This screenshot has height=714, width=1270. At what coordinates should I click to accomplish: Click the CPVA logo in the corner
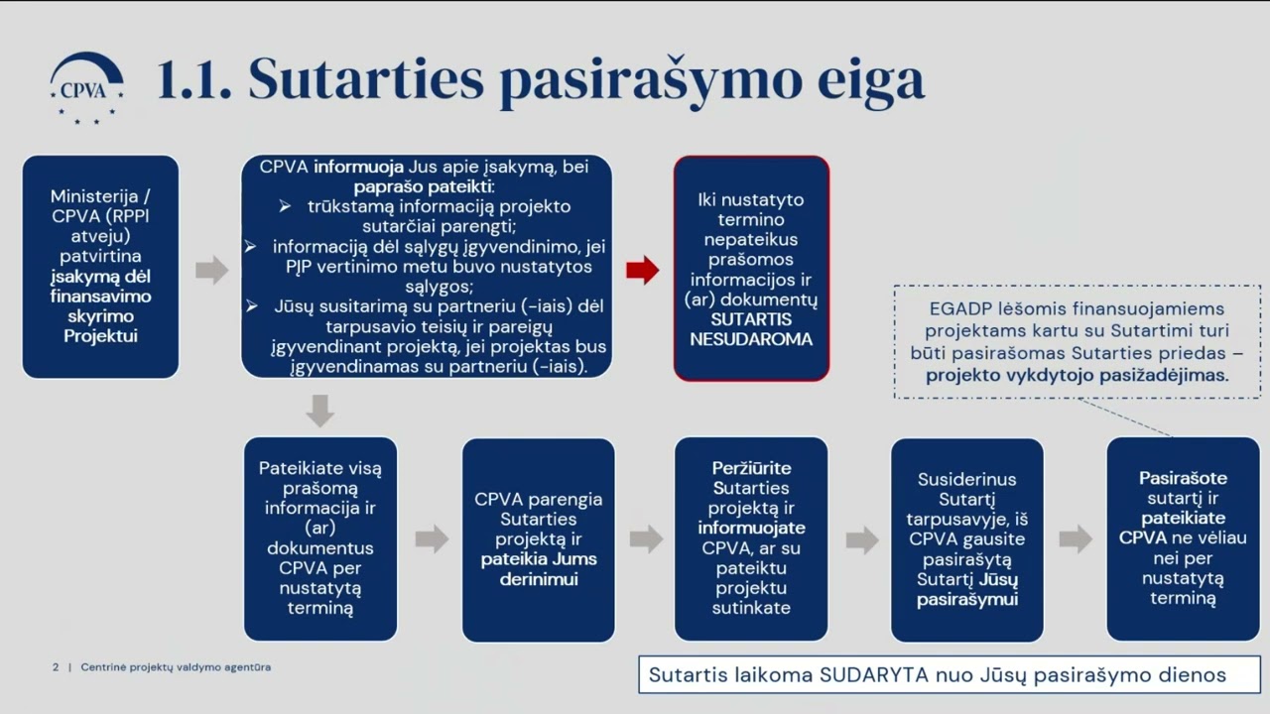pyautogui.click(x=87, y=87)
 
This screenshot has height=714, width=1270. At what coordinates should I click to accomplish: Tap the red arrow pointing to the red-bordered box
pyautogui.click(x=643, y=270)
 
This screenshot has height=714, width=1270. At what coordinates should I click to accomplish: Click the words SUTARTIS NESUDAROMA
pyautogui.click(x=751, y=329)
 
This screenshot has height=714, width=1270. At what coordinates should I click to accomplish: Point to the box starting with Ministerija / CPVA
pyautogui.click(x=100, y=267)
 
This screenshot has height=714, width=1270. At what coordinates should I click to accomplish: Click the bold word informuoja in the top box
pyautogui.click(x=358, y=167)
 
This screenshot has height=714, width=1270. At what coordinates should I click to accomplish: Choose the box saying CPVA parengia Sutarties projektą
pyautogui.click(x=539, y=538)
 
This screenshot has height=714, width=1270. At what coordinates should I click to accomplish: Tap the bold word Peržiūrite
pyautogui.click(x=751, y=468)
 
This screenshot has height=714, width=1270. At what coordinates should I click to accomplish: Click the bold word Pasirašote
pyautogui.click(x=1183, y=478)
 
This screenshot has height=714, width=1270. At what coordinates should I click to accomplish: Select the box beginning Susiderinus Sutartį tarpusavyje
pyautogui.click(x=966, y=538)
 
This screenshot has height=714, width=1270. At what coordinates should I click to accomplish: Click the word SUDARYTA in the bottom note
pyautogui.click(x=873, y=675)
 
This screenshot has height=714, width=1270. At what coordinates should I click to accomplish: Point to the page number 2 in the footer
pyautogui.click(x=56, y=667)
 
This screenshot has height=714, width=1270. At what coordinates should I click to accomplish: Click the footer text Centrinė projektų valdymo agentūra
pyautogui.click(x=176, y=667)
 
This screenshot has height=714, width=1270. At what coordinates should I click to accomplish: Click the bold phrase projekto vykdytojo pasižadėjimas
pyautogui.click(x=1077, y=375)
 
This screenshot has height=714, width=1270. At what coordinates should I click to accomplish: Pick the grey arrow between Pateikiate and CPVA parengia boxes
pyautogui.click(x=432, y=538)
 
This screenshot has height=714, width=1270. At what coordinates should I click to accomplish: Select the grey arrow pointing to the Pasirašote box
pyautogui.click(x=1076, y=538)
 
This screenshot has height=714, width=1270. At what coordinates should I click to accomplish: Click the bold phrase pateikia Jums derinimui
pyautogui.click(x=539, y=568)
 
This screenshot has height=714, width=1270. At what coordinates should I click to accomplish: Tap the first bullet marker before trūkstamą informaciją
pyautogui.click(x=285, y=206)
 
